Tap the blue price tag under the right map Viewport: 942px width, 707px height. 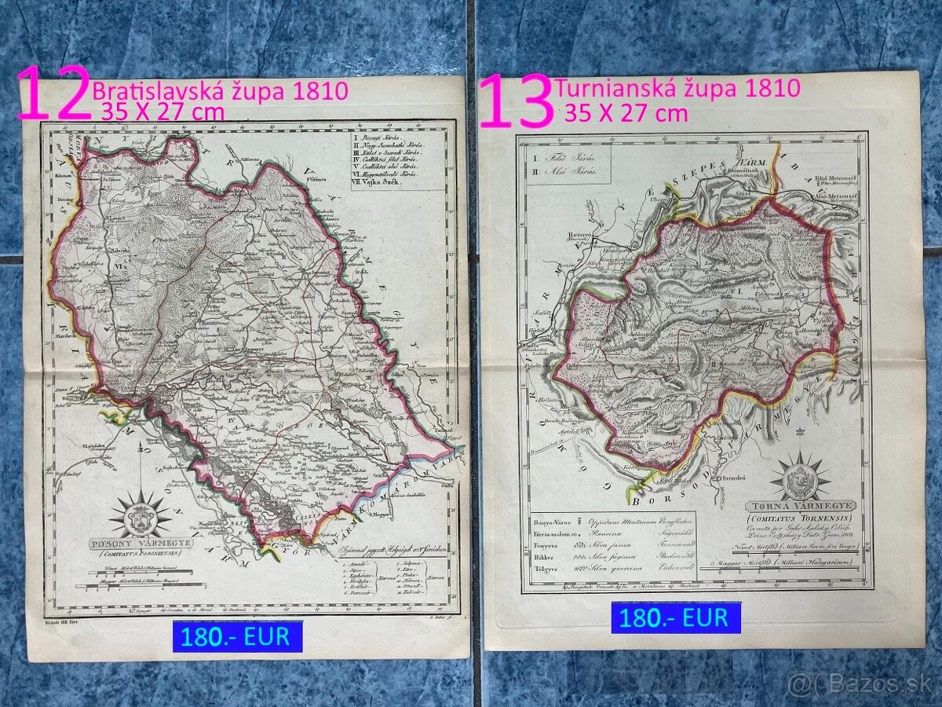pyautogui.click(x=676, y=617)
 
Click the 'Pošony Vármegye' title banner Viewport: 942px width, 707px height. pyautogui.click(x=141, y=543)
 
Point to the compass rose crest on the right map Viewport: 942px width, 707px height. pyautogui.click(x=800, y=476)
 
